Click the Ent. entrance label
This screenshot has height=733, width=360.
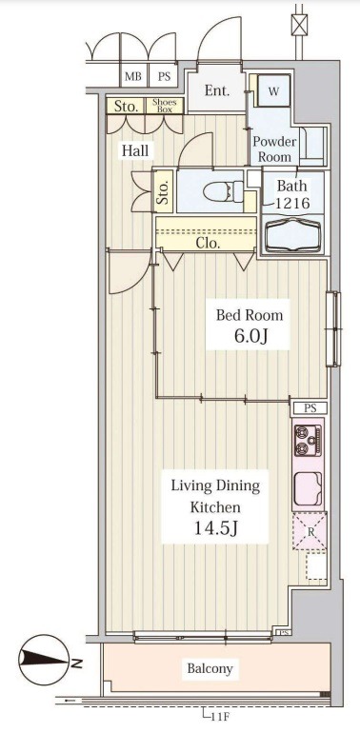click(217, 90)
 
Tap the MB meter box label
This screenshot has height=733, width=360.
click(133, 77)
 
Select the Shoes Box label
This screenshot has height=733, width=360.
click(164, 106)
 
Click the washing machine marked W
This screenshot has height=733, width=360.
click(273, 91)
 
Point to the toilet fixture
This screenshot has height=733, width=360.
click(224, 191)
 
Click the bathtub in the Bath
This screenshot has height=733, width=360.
click(293, 234)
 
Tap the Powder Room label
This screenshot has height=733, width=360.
click(274, 149)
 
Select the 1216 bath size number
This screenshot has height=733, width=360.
click(292, 203)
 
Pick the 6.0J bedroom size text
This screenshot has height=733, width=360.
click(248, 335)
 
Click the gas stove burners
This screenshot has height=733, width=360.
click(309, 440)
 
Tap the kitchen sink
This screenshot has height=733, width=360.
click(309, 488)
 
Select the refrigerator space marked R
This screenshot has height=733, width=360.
click(309, 531)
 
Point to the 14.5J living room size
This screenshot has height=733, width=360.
click(215, 527)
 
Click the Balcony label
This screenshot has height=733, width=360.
click(210, 668)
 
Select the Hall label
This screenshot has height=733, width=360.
click(135, 150)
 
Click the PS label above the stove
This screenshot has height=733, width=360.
click(310, 408)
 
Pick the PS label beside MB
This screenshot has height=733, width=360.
click(164, 77)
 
